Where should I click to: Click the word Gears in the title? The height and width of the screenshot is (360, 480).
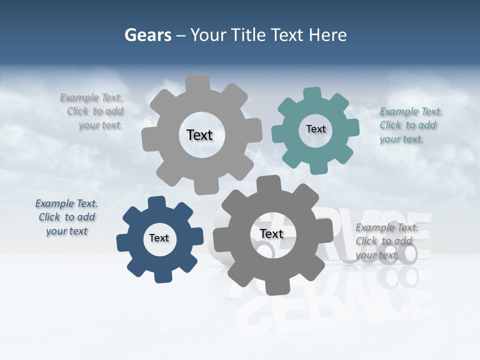coord(147,35)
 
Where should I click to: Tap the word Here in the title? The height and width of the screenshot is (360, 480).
coord(327,35)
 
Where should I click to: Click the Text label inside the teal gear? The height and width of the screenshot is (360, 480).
coord(315,129)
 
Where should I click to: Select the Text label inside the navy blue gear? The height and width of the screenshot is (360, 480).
coord(159,238)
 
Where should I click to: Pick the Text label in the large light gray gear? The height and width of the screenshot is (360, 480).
coord(199,135)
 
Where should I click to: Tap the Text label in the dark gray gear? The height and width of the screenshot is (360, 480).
coord(271,233)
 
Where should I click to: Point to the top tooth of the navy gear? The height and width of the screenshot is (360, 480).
coord(156,202)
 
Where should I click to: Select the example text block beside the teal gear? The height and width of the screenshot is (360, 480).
coord(407,125)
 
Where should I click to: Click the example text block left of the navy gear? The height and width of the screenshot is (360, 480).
coord(66,217)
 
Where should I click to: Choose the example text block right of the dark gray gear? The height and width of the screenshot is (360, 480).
coord(386,241)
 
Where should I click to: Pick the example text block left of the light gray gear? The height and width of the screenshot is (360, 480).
coord(92,111)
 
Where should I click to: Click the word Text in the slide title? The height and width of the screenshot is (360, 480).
coord(286,35)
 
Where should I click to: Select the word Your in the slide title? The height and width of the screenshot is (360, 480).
coord(207,35)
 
